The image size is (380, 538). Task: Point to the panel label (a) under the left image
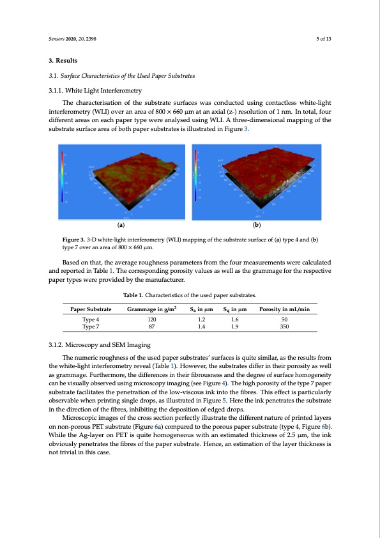[x=122, y=226]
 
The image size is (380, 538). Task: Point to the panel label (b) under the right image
[x=257, y=226]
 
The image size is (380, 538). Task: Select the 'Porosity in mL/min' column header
[x=284, y=309]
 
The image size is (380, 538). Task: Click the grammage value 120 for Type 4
[x=151, y=318]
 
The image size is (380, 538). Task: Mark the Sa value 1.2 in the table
[x=202, y=318]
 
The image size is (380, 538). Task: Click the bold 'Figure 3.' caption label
[x=66, y=240]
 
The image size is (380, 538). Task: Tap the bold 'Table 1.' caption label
[x=135, y=295]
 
